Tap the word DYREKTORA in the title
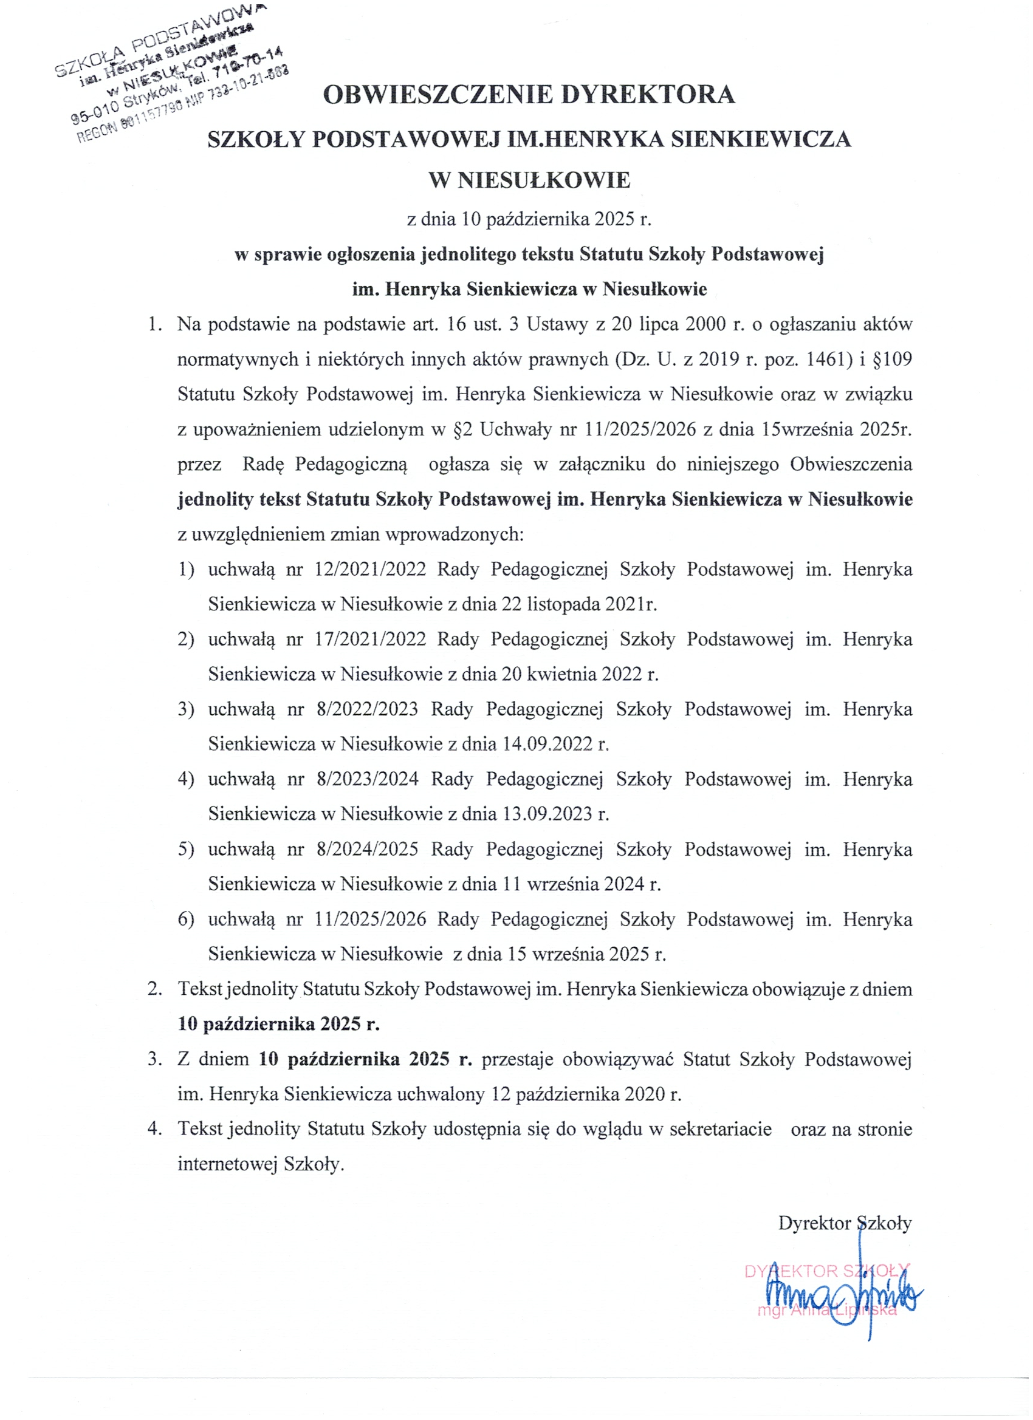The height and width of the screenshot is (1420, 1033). [x=647, y=95]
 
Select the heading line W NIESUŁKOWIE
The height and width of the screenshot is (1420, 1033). [x=529, y=180]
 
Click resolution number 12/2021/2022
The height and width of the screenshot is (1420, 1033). [x=370, y=569]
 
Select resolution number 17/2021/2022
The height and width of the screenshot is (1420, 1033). [x=370, y=640]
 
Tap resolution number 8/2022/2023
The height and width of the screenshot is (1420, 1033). [x=367, y=709]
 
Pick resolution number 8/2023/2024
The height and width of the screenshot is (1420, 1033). [x=367, y=779]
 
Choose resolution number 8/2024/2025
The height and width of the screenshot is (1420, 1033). [x=367, y=850]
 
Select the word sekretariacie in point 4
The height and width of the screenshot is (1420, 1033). [x=721, y=1129]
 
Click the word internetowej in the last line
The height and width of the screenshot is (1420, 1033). [x=227, y=1164]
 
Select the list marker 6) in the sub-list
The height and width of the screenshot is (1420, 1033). [x=186, y=920]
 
